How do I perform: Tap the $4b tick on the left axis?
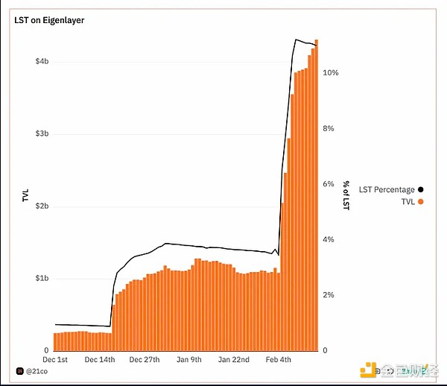pyautogui.click(x=42, y=62)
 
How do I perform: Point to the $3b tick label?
pyautogui.click(x=42, y=134)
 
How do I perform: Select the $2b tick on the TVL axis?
pyautogui.click(x=42, y=206)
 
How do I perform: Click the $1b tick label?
pyautogui.click(x=42, y=278)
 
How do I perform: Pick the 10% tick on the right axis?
pyautogui.click(x=331, y=73)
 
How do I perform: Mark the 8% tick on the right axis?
pyautogui.click(x=329, y=129)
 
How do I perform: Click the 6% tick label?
pyautogui.click(x=329, y=184)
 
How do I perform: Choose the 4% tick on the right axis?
pyautogui.click(x=329, y=240)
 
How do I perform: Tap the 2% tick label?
pyautogui.click(x=329, y=295)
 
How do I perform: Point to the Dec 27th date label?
pyautogui.click(x=145, y=359)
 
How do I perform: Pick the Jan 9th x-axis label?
pyautogui.click(x=189, y=359)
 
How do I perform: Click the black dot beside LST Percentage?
pyautogui.click(x=421, y=190)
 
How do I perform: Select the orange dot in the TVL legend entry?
pyautogui.click(x=421, y=201)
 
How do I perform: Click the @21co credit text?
pyautogui.click(x=36, y=370)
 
